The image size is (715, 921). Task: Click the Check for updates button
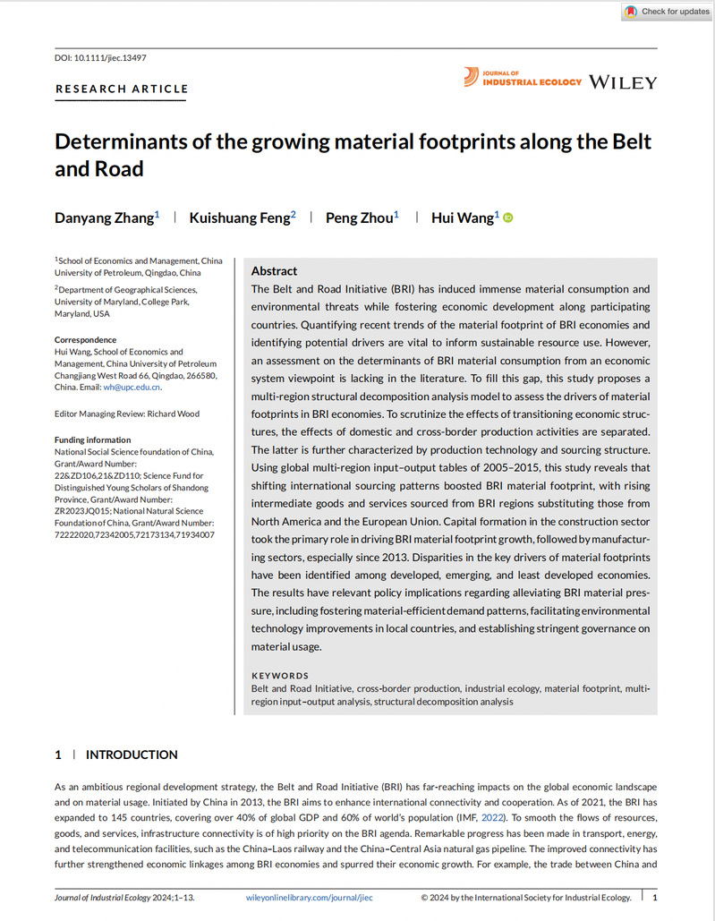666,12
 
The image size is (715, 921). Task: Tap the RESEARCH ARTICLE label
122,89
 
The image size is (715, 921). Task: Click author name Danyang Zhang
105,217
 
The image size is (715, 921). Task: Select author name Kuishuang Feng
239,217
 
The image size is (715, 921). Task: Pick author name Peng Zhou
360,217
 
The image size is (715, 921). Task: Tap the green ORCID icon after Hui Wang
508,217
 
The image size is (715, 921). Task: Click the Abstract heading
274,270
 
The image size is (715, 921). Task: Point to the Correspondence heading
85,340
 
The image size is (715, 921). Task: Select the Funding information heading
92,440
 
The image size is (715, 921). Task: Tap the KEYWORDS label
280,676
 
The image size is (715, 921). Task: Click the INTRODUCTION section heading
132,755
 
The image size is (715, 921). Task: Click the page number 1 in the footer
656,897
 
